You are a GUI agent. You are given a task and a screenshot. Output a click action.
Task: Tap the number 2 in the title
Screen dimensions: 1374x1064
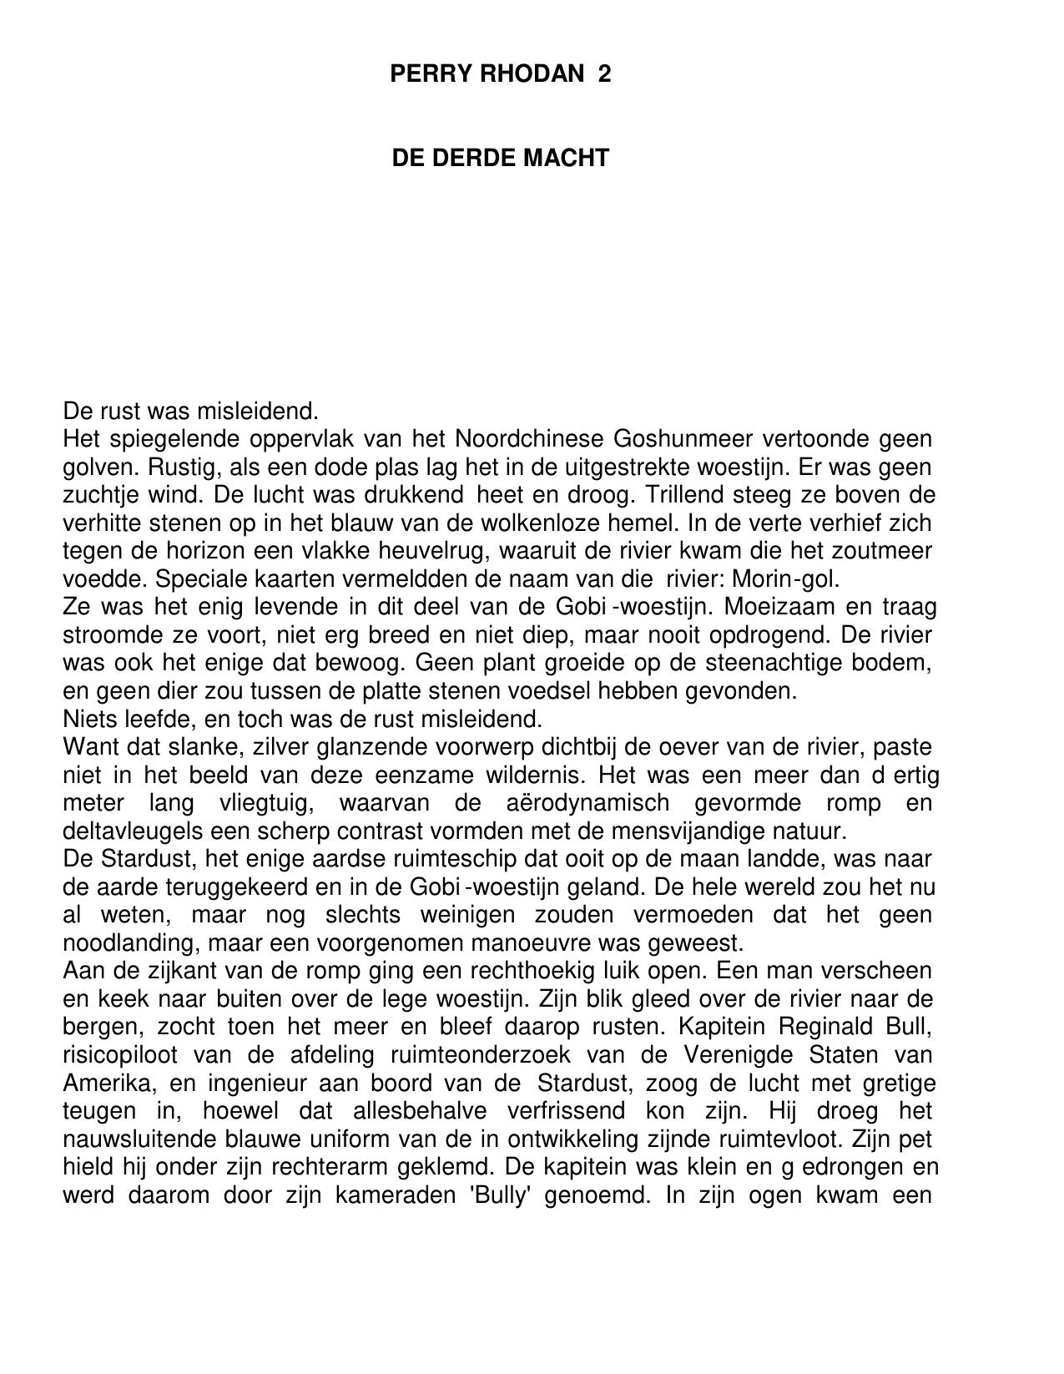coord(604,74)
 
